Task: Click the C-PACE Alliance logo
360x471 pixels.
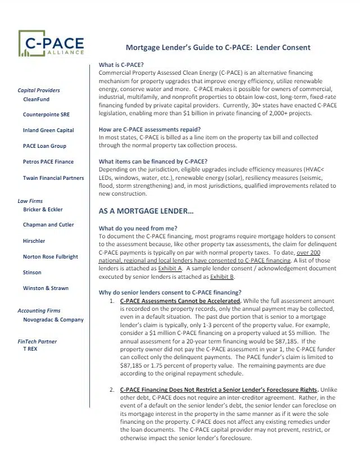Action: (51, 43)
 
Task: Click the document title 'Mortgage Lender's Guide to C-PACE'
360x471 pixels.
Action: (217, 47)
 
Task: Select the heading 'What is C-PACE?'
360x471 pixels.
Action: (121, 65)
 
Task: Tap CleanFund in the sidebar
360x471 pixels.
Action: (36, 99)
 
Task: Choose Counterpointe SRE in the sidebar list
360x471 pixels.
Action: (46, 115)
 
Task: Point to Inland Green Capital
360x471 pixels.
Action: (48, 130)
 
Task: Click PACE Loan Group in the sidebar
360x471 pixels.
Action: (44, 146)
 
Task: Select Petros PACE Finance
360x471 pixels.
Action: (48, 162)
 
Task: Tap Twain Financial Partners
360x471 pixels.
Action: (53, 178)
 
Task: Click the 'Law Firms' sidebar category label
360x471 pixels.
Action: (30, 201)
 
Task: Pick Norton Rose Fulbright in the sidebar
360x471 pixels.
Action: (51, 256)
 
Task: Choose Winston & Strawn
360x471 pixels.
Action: (45, 288)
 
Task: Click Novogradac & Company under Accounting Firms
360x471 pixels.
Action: (53, 319)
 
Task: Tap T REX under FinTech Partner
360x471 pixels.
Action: (31, 348)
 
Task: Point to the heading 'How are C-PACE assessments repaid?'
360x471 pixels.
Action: (151, 129)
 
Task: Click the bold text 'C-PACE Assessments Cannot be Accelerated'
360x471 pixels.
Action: (180, 301)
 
